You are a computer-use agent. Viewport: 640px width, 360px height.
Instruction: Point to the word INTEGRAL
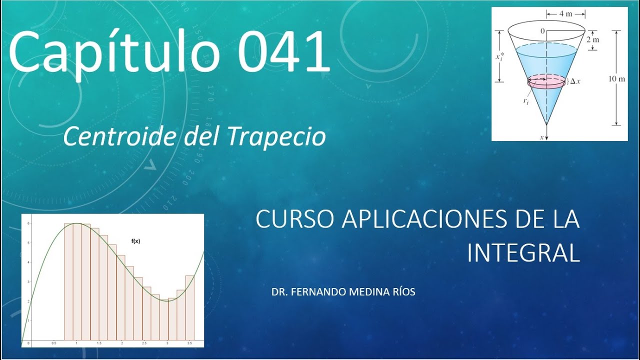point(523,253)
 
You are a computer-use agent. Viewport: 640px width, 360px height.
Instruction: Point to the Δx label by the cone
point(575,81)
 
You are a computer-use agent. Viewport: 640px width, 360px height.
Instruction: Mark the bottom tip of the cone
point(546,124)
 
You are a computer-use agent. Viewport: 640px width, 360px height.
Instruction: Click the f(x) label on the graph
point(135,241)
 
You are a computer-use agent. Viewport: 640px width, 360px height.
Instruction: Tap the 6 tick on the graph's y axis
point(29,223)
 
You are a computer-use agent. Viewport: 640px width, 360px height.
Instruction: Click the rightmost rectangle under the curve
point(190,306)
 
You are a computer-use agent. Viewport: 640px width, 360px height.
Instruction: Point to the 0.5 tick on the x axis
point(53,344)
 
